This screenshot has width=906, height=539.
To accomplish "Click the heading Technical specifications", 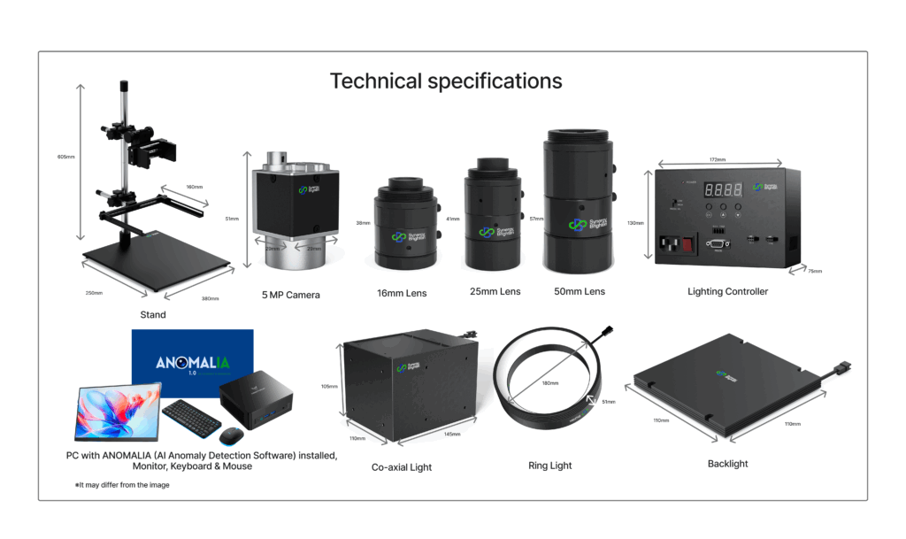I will pos(446,81).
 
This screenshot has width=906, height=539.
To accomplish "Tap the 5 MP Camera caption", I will pos(290,295).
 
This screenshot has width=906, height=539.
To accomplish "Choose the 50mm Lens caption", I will pos(580,291).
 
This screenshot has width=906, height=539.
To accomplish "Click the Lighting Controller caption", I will pos(727,291).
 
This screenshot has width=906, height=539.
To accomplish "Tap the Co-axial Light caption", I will pos(403,466).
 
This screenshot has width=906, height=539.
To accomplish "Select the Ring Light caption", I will pos(549,466).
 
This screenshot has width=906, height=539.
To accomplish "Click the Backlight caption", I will pos(727,464).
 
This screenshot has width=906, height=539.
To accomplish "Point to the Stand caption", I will pos(153,314).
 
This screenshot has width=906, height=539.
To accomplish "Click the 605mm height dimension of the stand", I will pos(64,157).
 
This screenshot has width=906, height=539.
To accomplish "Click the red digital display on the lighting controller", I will pos(722,190).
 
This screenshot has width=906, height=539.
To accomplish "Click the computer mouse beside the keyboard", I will pos(231,435).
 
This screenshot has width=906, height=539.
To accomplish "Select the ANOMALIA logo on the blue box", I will pos(191,363).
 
